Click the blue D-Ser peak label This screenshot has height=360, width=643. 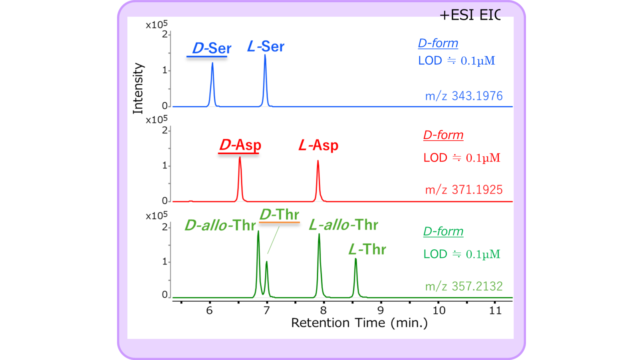click(x=211, y=48)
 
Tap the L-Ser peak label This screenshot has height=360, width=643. click(x=266, y=47)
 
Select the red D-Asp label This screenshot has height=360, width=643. click(x=240, y=145)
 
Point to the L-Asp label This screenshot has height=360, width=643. click(x=318, y=145)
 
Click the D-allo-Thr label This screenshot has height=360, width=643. click(x=220, y=225)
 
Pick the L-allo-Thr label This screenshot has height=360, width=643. click(x=343, y=225)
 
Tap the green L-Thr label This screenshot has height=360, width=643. click(x=367, y=250)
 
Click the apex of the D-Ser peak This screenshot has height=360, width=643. click(x=212, y=63)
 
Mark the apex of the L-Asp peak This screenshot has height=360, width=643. click(x=318, y=161)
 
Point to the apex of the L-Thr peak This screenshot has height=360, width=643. click(x=355, y=259)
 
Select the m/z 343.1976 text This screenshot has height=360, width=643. click(x=464, y=96)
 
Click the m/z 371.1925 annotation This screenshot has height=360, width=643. click(x=464, y=189)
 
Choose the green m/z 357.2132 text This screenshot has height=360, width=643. click(x=464, y=286)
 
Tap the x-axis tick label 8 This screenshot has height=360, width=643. click(x=323, y=310)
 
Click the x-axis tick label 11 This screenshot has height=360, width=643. click(x=495, y=310)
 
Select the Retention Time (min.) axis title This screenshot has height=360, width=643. click(x=359, y=323)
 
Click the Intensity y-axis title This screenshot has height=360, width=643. click(x=138, y=88)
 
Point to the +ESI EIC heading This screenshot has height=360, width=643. click(x=470, y=15)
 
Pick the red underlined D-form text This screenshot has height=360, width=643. click(x=443, y=135)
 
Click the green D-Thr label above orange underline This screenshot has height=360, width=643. click(x=279, y=215)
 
